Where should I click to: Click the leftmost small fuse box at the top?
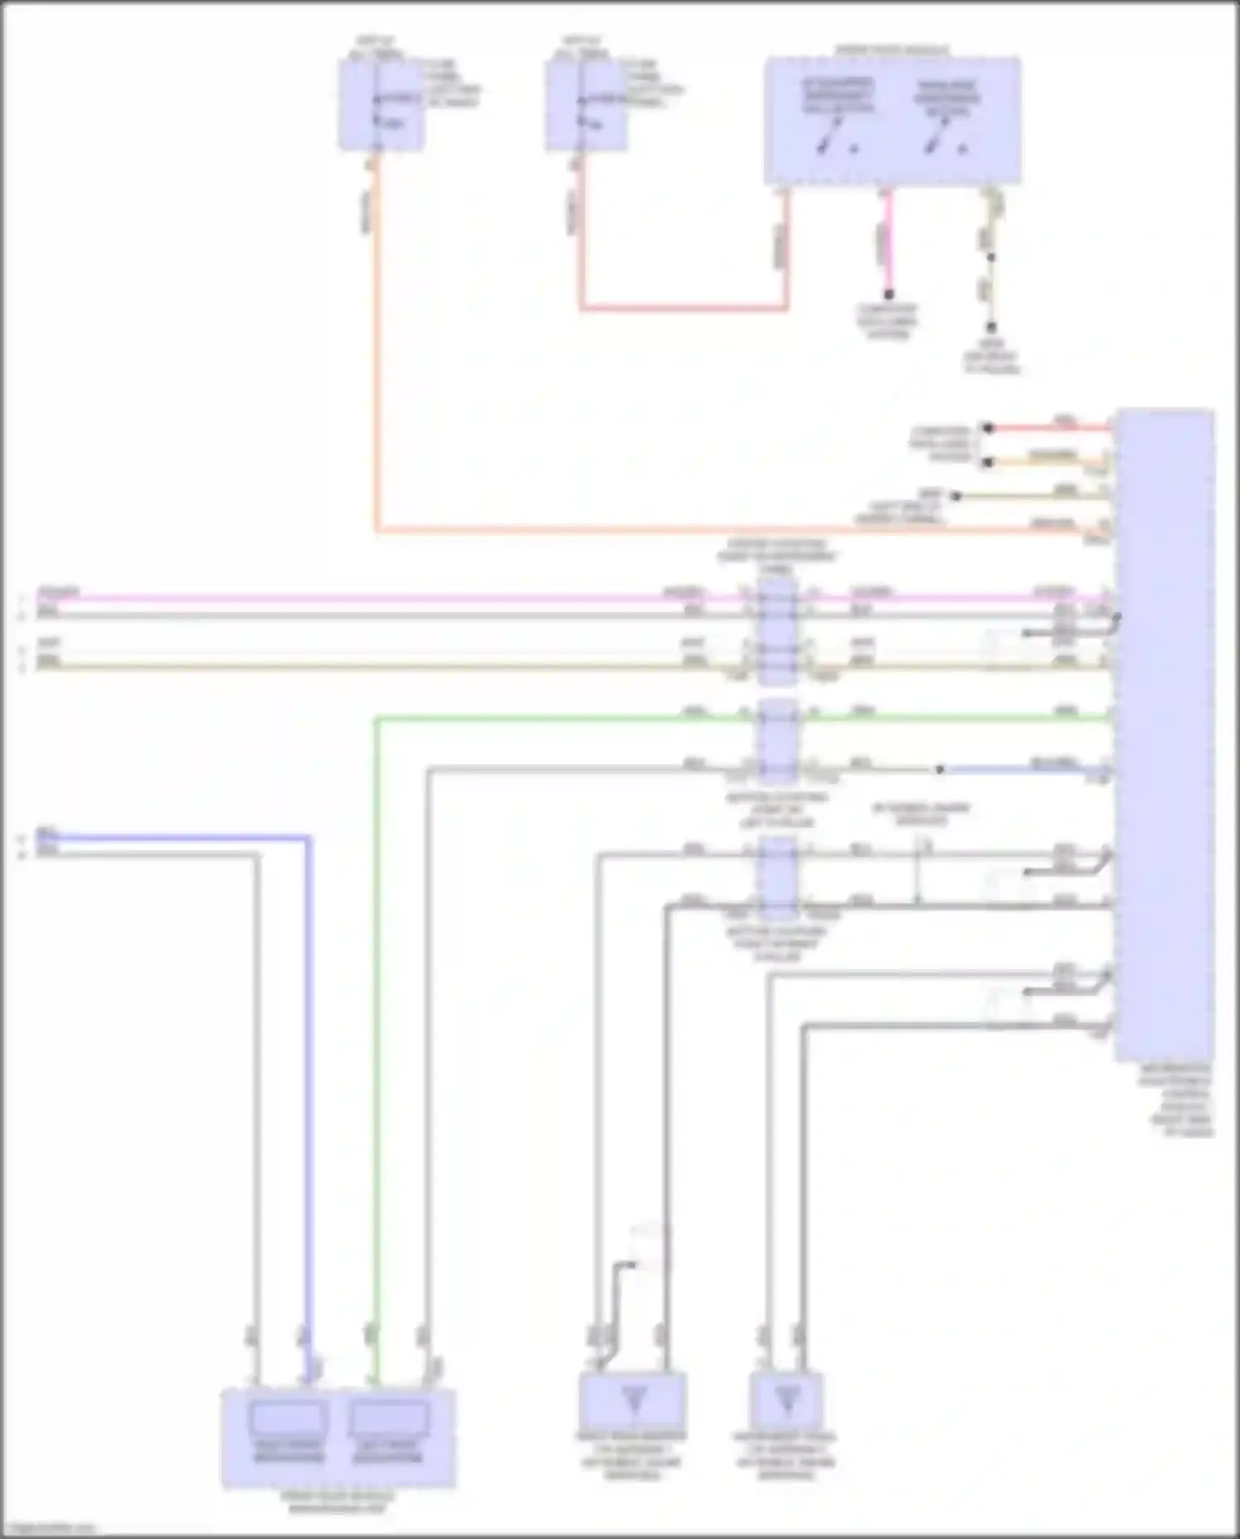(x=380, y=105)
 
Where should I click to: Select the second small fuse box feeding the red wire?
(x=586, y=106)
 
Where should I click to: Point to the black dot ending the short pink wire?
(x=889, y=294)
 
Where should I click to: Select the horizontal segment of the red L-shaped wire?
(x=683, y=308)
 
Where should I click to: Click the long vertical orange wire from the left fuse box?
(x=377, y=347)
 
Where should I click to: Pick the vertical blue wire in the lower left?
(x=308, y=1075)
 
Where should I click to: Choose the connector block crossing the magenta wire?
(x=778, y=630)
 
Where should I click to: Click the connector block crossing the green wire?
(x=778, y=741)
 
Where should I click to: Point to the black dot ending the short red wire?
(x=987, y=428)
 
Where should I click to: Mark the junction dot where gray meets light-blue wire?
(x=940, y=769)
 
